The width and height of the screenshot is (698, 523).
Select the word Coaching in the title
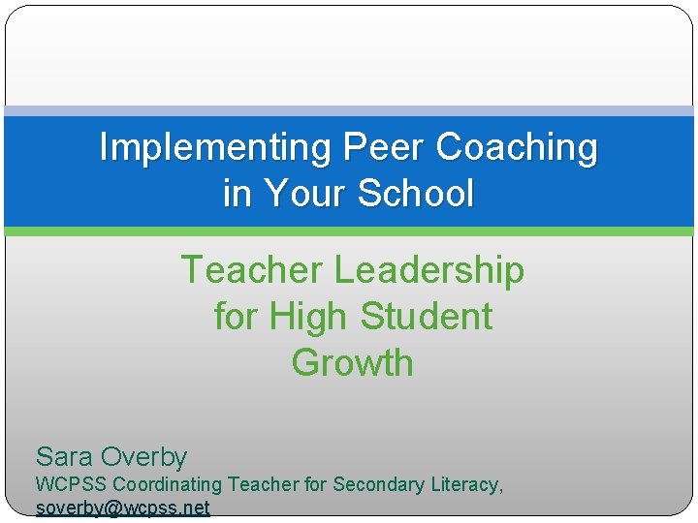pos(518,148)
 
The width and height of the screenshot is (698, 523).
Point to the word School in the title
pos(416,194)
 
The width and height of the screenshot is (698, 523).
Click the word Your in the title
pos(304,194)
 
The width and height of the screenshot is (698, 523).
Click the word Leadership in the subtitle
pos(429,270)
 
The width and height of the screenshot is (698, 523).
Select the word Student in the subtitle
pos(427,317)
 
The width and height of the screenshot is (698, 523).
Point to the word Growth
pos(352,363)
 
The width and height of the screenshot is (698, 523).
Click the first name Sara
pos(64,456)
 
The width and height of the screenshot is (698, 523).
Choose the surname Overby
pos(144,457)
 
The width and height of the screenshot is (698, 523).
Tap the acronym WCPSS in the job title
pos(71,484)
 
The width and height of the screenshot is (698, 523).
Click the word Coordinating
pos(168,484)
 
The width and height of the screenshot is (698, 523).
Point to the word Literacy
pos(463,484)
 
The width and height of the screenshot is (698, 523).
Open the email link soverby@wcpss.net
pos(122,508)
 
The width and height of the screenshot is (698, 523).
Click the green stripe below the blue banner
pos(349,231)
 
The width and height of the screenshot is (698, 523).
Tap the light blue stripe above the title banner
pos(349,110)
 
